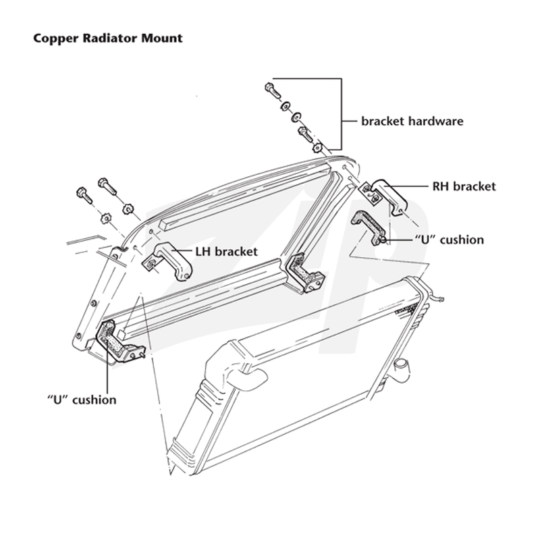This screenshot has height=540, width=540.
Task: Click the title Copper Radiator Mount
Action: click(108, 38)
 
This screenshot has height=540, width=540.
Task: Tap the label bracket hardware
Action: click(412, 122)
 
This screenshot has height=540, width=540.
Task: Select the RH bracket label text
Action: click(464, 186)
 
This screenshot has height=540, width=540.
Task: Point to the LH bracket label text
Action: click(226, 251)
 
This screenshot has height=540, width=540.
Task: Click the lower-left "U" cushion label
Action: click(82, 400)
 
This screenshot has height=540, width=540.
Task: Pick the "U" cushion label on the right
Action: click(449, 240)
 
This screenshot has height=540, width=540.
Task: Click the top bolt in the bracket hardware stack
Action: click(273, 90)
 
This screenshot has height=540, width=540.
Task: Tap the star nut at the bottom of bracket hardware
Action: click(317, 148)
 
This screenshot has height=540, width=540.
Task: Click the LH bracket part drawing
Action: click(167, 261)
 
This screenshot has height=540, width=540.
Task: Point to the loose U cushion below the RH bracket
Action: click(368, 227)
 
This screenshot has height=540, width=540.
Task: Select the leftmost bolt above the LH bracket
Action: click(84, 195)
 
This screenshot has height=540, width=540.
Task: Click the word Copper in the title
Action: click(55, 38)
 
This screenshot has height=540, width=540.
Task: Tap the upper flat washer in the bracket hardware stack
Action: click(285, 106)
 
